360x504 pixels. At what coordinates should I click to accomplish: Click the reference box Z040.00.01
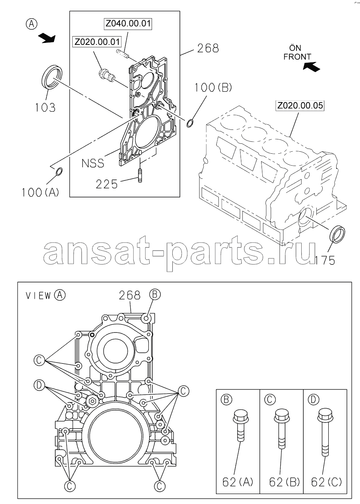pyautogui.click(x=128, y=23)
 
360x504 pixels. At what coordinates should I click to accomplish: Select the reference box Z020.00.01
pyautogui.click(x=97, y=42)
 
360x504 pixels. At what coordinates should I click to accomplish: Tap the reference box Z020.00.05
pyautogui.click(x=300, y=106)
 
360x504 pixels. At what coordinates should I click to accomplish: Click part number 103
pyautogui.click(x=45, y=108)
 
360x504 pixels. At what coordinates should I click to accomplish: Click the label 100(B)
pyautogui.click(x=213, y=87)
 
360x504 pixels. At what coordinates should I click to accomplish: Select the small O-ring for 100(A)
pyautogui.click(x=59, y=172)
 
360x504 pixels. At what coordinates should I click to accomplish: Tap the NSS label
pyautogui.click(x=93, y=163)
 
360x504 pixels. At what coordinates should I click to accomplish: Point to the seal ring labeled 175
pyautogui.click(x=337, y=235)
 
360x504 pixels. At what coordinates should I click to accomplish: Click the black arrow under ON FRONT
pyautogui.click(x=311, y=67)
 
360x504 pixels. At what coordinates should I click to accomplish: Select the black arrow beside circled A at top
pyautogui.click(x=47, y=38)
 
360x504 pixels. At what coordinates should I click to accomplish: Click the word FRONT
pyautogui.click(x=297, y=57)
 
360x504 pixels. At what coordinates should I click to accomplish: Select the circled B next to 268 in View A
pyautogui.click(x=155, y=294)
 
